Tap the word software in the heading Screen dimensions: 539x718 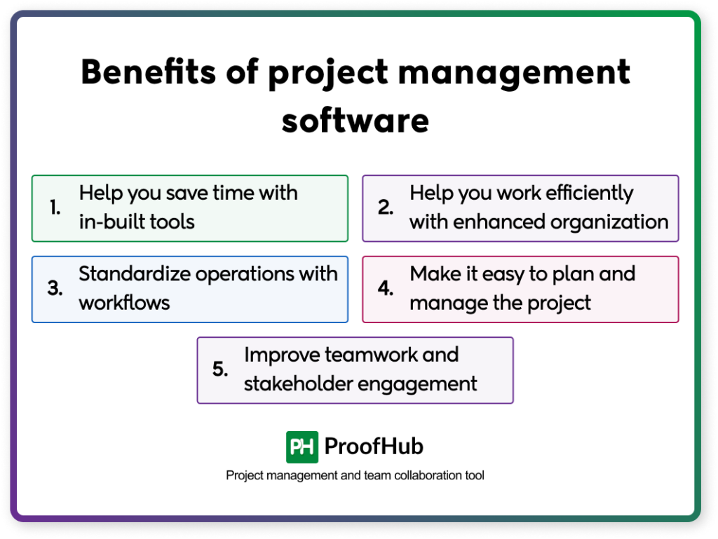(x=355, y=120)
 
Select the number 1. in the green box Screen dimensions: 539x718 (x=55, y=208)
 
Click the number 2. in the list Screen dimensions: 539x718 (x=386, y=208)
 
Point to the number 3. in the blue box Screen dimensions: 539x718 (x=55, y=289)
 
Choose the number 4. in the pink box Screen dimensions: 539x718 (x=386, y=289)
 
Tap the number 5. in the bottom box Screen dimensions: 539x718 (x=220, y=370)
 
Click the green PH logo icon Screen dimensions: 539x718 (x=302, y=446)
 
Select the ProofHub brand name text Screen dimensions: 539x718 (x=374, y=446)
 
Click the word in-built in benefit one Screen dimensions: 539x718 (x=110, y=222)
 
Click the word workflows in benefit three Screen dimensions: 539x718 (x=125, y=303)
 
